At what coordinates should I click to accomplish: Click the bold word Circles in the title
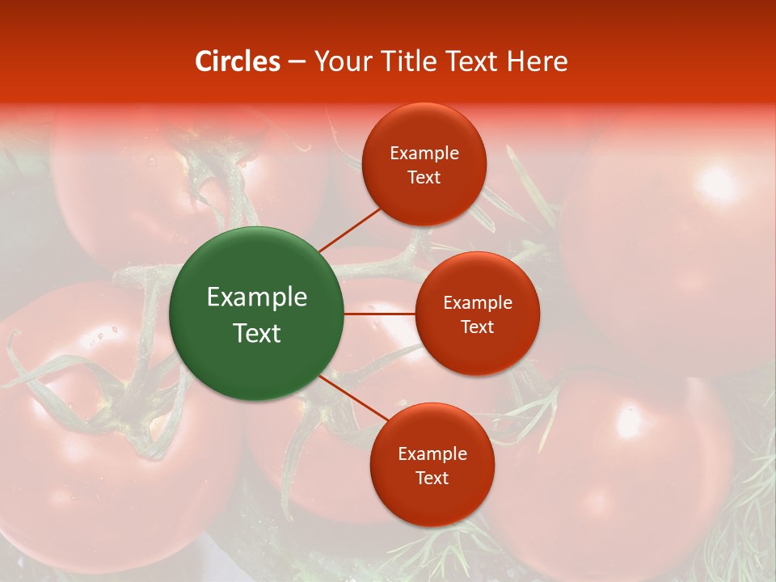point(238,61)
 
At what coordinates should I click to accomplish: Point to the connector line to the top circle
point(349,230)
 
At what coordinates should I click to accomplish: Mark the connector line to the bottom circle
point(352,398)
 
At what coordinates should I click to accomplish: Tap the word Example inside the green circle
point(257,297)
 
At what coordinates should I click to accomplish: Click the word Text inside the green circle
point(257,333)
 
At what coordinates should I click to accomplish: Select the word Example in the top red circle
point(424,154)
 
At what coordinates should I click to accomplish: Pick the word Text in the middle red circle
point(478,327)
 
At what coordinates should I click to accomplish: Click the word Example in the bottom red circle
point(432,454)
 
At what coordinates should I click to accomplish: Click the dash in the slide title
point(297,62)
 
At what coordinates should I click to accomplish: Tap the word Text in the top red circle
point(424,178)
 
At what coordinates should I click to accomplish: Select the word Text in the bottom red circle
point(432,479)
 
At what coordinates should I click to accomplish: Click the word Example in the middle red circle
point(478,303)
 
